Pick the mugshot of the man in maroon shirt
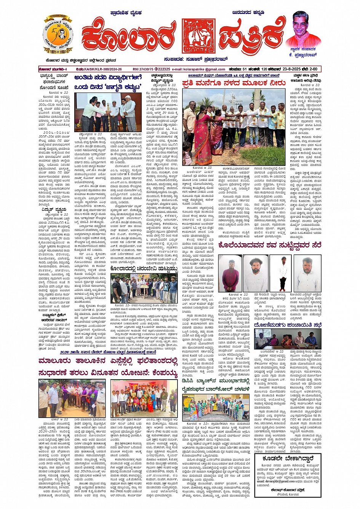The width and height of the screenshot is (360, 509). [x=230, y=274]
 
